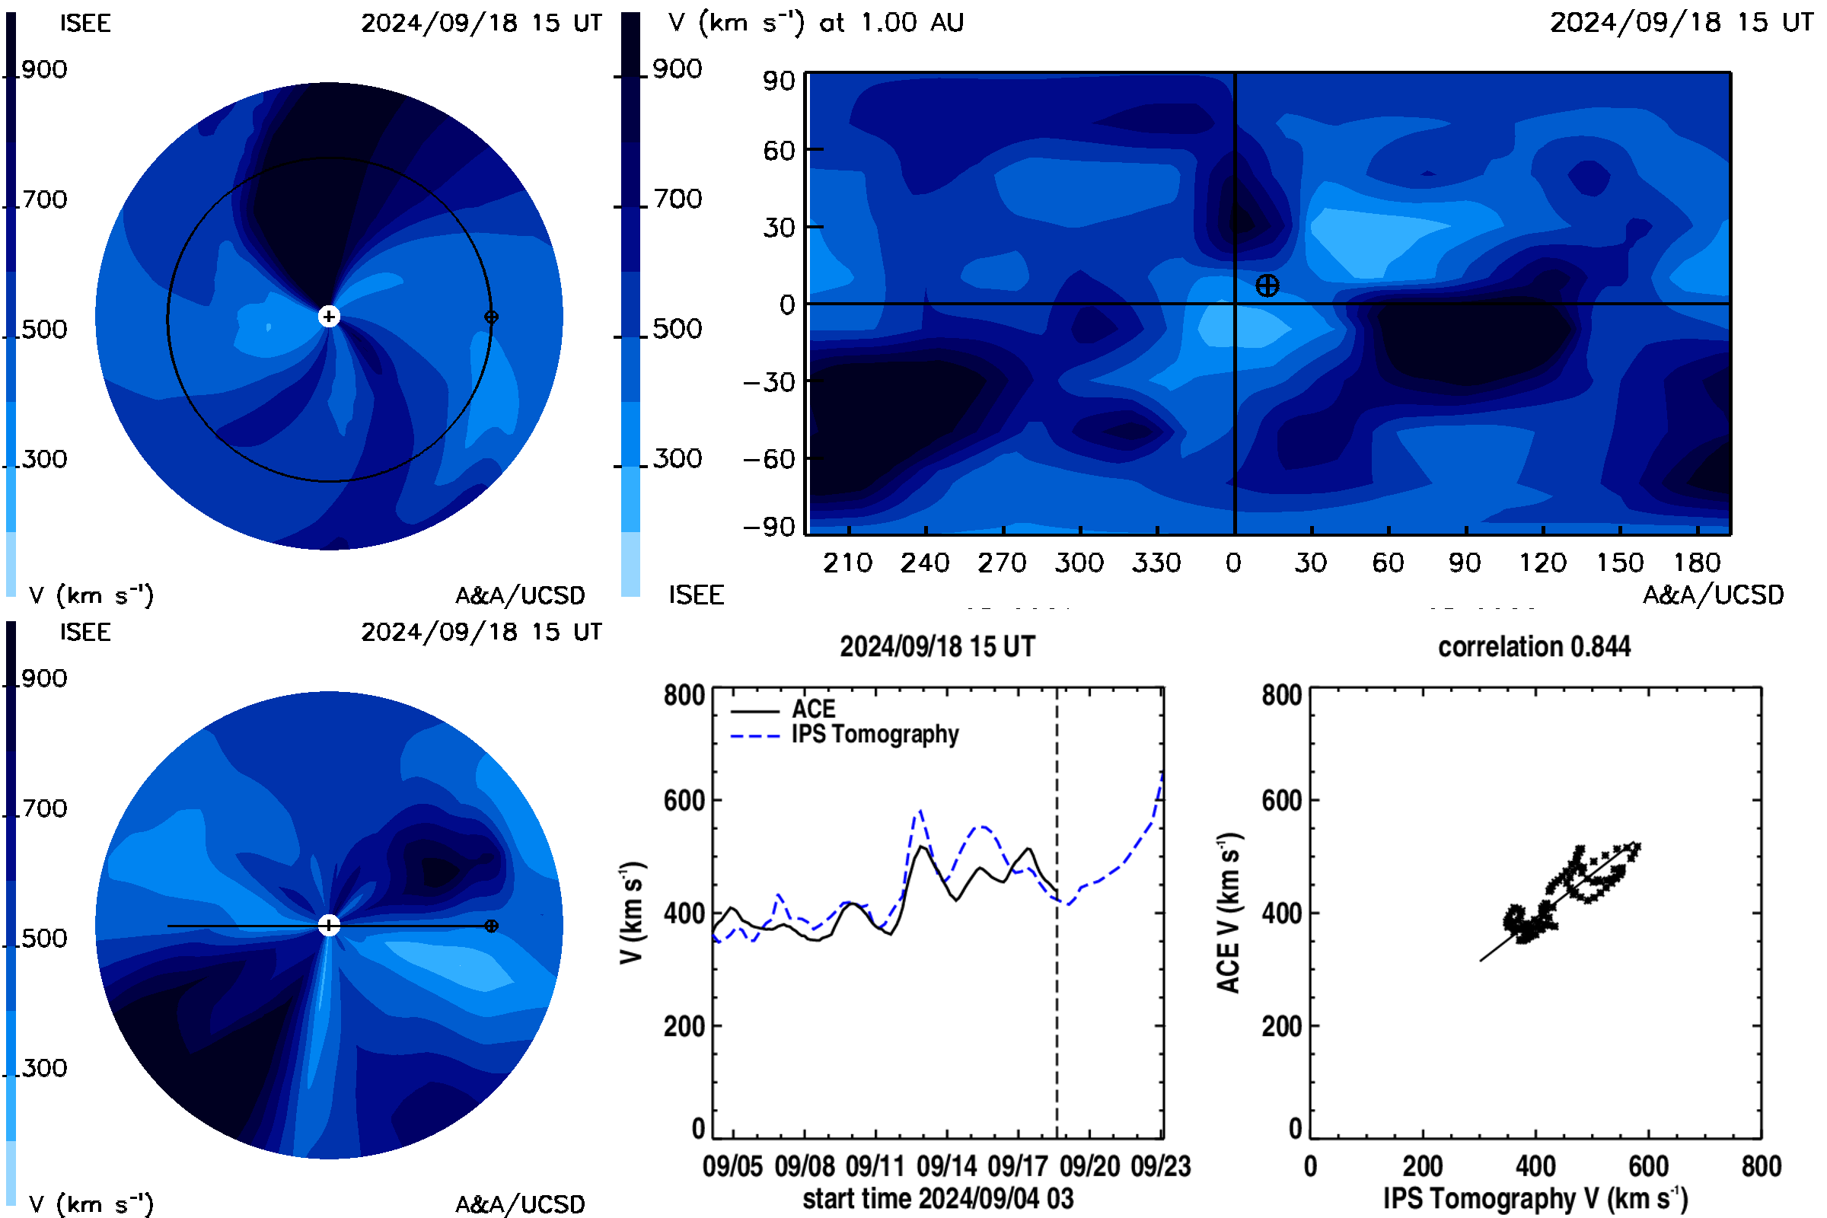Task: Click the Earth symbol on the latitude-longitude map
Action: click(1267, 286)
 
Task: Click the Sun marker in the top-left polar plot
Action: click(330, 317)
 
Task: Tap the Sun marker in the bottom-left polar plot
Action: click(330, 926)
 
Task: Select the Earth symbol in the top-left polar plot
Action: click(491, 317)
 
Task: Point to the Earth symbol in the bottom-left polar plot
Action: click(491, 926)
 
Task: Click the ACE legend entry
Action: click(783, 709)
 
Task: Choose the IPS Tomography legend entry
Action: click(844, 735)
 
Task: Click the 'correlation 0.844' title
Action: click(1534, 647)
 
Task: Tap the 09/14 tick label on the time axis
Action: click(946, 1166)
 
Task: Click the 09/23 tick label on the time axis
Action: click(1160, 1166)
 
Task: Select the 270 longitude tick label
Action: click(1002, 563)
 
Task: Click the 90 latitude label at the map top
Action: click(778, 81)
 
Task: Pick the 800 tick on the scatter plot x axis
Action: click(1761, 1166)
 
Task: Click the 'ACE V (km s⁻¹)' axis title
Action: click(1229, 913)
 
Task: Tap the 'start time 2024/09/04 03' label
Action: click(938, 1198)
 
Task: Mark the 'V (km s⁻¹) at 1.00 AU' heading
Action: click(815, 23)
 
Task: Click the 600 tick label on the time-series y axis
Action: click(684, 800)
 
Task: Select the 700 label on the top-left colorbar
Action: click(44, 199)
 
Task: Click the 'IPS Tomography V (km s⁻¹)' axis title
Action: click(1535, 1198)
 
